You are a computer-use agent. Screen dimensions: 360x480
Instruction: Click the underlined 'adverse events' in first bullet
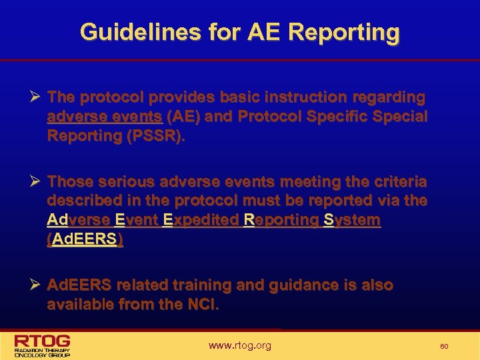click(x=105, y=117)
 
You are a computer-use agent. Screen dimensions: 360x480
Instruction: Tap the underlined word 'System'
click(x=351, y=220)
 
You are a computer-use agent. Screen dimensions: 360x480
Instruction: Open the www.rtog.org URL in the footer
click(x=239, y=345)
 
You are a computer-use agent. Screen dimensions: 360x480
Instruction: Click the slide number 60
click(x=444, y=346)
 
